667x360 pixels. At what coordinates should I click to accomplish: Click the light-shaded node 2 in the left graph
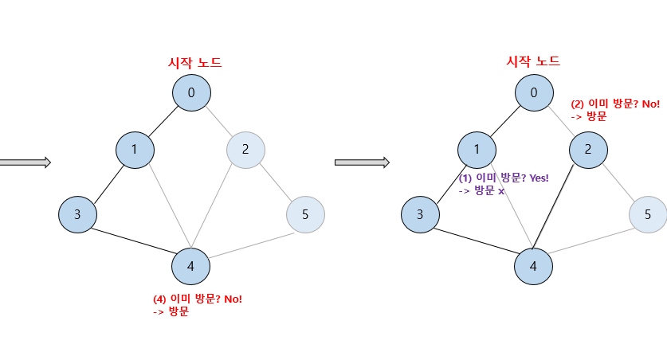pyautogui.click(x=245, y=149)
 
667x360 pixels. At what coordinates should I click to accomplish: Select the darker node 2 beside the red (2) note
pyautogui.click(x=588, y=149)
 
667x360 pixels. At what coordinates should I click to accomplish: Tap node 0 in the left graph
pyautogui.click(x=191, y=93)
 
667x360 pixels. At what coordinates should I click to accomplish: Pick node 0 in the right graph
pyautogui.click(x=534, y=93)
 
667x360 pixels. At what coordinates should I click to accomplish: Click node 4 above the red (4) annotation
pyautogui.click(x=190, y=267)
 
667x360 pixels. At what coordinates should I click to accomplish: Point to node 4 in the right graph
pyautogui.click(x=533, y=267)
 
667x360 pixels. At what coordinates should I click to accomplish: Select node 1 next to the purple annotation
pyautogui.click(x=477, y=149)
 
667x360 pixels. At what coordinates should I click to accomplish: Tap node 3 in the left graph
pyautogui.click(x=77, y=214)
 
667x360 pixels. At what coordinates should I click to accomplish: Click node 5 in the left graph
pyautogui.click(x=305, y=214)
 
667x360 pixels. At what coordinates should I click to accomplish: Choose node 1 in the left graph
pyautogui.click(x=134, y=149)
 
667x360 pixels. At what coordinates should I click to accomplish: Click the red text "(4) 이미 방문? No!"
pyautogui.click(x=197, y=299)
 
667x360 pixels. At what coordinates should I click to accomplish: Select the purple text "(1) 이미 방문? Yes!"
pyautogui.click(x=504, y=178)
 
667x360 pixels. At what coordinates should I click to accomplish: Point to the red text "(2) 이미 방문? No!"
pyautogui.click(x=615, y=104)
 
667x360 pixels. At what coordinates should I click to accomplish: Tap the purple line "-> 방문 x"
pyautogui.click(x=481, y=191)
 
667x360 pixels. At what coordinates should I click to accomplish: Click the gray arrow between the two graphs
pyautogui.click(x=361, y=162)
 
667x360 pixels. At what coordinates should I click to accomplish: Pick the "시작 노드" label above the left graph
pyautogui.click(x=194, y=63)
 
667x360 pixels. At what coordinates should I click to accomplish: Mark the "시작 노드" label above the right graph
pyautogui.click(x=533, y=61)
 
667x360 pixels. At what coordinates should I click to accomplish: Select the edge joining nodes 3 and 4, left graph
pyautogui.click(x=133, y=240)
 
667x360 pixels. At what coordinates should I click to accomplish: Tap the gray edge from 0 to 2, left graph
pyautogui.click(x=218, y=121)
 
